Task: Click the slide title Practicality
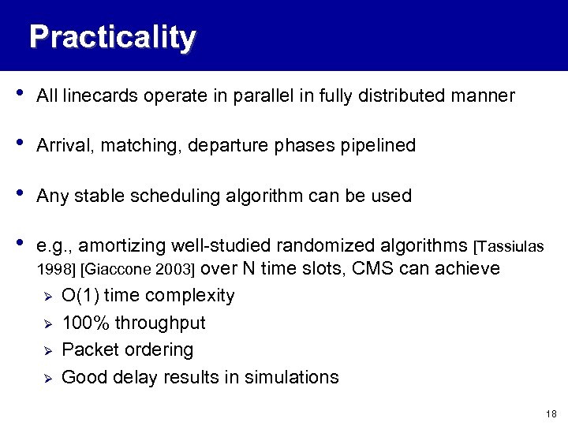112,37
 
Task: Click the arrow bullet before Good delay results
47,378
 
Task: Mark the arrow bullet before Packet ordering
47,350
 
